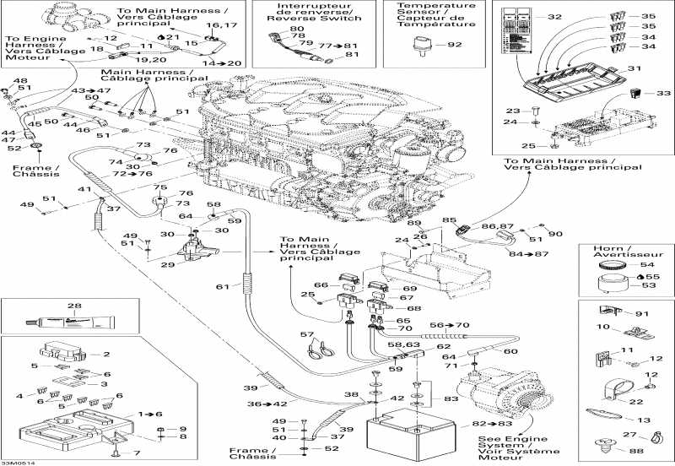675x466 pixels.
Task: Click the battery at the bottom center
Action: tap(391, 432)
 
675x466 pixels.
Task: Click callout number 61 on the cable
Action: tap(222, 288)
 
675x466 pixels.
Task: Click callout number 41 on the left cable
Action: tap(84, 190)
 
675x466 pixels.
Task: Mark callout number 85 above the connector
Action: tap(449, 220)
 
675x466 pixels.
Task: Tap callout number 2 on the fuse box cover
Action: tap(106, 355)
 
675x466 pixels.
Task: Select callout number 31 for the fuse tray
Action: tap(636, 68)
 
